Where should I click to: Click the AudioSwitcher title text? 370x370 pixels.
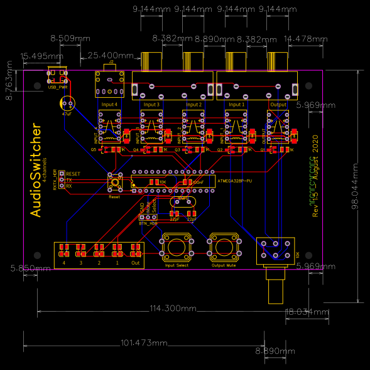pos(36,171)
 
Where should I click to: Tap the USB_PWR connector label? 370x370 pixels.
pos(57,87)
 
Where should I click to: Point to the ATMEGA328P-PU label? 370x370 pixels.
pos(234,181)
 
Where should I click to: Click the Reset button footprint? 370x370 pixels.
pos(115,182)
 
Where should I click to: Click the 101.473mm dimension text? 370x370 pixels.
pos(143,343)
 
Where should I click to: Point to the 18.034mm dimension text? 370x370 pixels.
pos(307,312)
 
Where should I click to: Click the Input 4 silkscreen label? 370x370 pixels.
pos(109,104)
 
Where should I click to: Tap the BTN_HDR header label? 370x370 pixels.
pos(148,223)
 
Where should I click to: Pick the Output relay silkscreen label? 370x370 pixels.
pos(278,104)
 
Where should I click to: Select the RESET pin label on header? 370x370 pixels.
pos(73,174)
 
